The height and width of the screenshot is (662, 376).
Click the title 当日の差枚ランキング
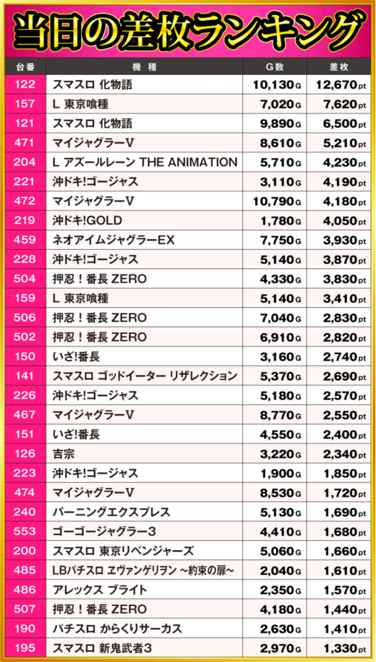tap(188, 29)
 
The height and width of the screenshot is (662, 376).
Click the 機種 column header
tap(145, 67)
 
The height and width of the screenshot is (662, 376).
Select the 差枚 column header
tap(341, 67)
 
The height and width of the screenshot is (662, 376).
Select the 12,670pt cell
tap(341, 85)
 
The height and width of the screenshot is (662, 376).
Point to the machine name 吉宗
tap(64, 454)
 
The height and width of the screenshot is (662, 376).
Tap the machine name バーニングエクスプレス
tap(112, 512)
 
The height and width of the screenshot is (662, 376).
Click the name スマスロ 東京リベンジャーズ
tap(123, 551)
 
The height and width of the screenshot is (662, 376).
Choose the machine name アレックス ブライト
tap(100, 590)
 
